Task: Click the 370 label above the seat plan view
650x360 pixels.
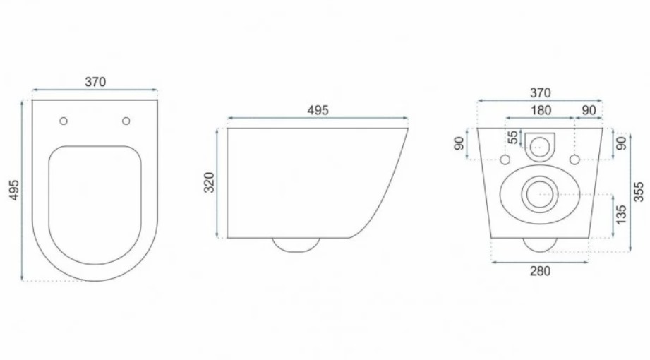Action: (x=95, y=82)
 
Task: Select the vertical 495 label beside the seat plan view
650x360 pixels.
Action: (x=14, y=190)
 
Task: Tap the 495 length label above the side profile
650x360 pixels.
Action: (x=318, y=110)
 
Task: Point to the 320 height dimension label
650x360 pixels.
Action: (x=210, y=182)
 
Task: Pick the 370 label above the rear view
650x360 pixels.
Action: (x=541, y=93)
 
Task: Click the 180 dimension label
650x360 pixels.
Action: (x=541, y=110)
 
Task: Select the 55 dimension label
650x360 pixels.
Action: (x=513, y=137)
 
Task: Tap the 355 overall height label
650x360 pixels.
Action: (x=639, y=191)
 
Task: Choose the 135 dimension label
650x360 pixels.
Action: (x=620, y=215)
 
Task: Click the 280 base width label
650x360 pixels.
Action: (x=541, y=271)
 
